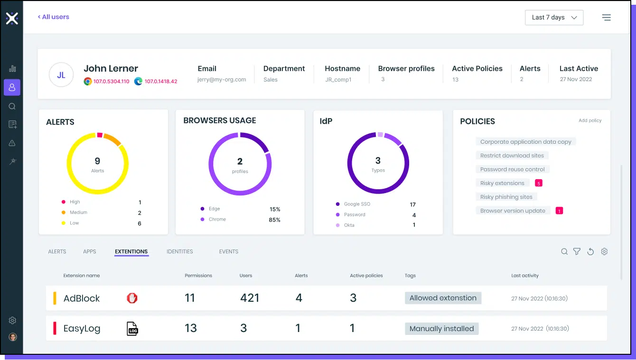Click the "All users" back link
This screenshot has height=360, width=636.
tap(54, 17)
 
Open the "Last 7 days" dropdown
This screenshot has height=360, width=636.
tap(554, 18)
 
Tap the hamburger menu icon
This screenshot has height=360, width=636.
tap(606, 18)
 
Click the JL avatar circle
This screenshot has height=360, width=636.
tap(61, 75)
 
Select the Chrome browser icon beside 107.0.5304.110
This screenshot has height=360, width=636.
tap(88, 81)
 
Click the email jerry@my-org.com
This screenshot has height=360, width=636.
tap(222, 80)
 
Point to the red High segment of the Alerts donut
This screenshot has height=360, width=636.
tap(100, 135)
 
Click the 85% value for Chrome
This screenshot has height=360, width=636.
tap(274, 220)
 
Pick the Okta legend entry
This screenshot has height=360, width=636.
tap(349, 225)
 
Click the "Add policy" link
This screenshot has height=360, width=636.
tap(590, 120)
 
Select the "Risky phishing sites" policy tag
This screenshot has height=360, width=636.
tap(506, 197)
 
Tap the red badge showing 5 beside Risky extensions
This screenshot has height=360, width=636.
tap(538, 183)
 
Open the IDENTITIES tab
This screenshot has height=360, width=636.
tap(180, 252)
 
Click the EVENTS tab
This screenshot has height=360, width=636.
tap(229, 252)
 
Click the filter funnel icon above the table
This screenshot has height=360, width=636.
tap(577, 252)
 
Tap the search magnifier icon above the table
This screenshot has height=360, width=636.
tap(564, 252)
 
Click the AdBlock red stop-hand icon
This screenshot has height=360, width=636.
tap(132, 298)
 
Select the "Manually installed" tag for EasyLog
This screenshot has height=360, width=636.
tap(441, 329)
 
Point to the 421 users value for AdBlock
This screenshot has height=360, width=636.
tap(250, 298)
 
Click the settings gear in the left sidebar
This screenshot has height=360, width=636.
tap(12, 321)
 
